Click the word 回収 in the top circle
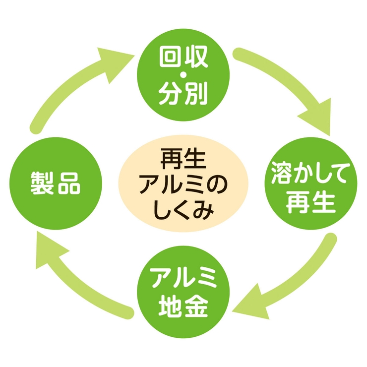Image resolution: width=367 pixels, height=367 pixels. pos(183,57)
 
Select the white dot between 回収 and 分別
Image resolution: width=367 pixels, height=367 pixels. pos(183,75)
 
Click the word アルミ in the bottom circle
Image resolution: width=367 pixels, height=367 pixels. pos(183,278)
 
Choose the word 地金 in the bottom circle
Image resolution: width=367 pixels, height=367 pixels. pos(183,306)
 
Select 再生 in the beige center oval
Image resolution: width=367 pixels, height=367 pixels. pos(183,160)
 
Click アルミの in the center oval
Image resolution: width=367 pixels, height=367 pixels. pos(183,185)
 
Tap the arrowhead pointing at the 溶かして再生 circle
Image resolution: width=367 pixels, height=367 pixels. pos(317,117)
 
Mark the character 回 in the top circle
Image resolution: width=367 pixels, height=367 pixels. pos(171,57)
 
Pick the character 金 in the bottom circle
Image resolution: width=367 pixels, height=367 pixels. pos(196,306)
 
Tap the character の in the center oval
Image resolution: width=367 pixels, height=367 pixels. pos(217,186)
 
